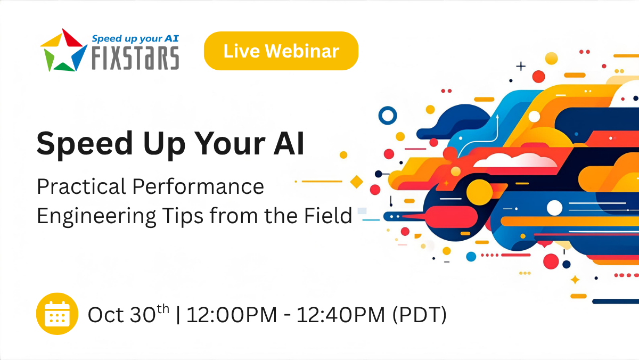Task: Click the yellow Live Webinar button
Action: click(x=281, y=51)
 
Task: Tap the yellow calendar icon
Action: click(x=57, y=314)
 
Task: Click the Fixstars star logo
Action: click(x=63, y=50)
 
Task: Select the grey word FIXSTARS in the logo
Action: click(x=135, y=58)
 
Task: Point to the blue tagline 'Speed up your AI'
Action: click(x=135, y=38)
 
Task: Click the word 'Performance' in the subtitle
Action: click(x=198, y=186)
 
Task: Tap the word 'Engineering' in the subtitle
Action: click(x=96, y=217)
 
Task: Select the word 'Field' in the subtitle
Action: click(x=328, y=215)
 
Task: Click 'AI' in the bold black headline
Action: click(x=289, y=143)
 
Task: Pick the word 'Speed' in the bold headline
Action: click(x=85, y=144)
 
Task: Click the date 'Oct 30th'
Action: click(x=128, y=314)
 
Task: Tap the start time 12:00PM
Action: click(x=231, y=315)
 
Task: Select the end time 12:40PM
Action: click(x=341, y=315)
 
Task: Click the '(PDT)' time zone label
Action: click(x=420, y=315)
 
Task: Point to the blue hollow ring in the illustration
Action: click(x=388, y=108)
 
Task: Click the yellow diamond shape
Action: click(x=356, y=182)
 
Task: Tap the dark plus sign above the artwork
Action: click(x=521, y=66)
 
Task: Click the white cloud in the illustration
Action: click(x=515, y=160)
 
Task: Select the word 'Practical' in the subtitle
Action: click(x=81, y=186)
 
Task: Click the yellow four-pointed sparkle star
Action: click(x=575, y=280)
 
